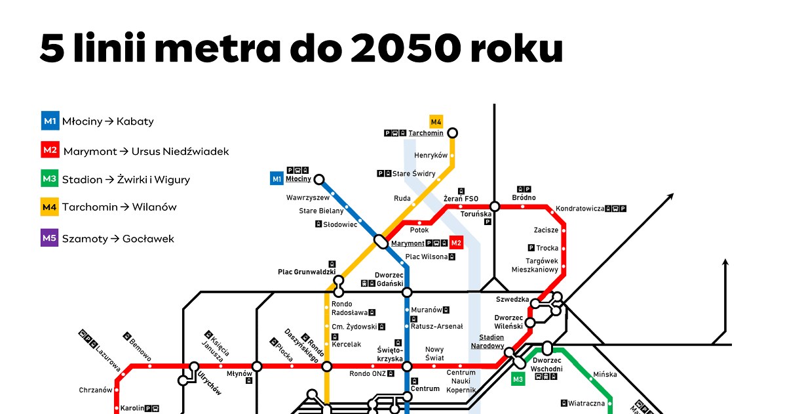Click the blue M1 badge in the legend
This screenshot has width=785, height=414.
pyautogui.click(x=50, y=121)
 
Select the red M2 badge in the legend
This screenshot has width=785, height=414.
pyautogui.click(x=50, y=150)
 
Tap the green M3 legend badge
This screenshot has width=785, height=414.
pyautogui.click(x=50, y=179)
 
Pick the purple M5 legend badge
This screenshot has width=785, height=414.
pyautogui.click(x=50, y=238)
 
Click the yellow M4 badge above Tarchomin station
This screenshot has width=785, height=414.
pyautogui.click(x=436, y=121)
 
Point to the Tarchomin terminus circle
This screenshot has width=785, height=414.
pyautogui.click(x=452, y=133)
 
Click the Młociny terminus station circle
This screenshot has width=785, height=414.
pyautogui.click(x=319, y=179)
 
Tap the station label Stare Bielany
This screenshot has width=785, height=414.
pyautogui.click(x=321, y=211)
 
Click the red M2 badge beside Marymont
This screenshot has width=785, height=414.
pyautogui.click(x=457, y=243)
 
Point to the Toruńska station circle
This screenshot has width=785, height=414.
pyautogui.click(x=495, y=207)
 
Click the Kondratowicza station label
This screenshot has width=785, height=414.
pyautogui.click(x=579, y=209)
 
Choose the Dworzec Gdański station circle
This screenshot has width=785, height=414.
pyautogui.click(x=407, y=292)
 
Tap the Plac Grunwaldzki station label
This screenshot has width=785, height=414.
pyautogui.click(x=307, y=271)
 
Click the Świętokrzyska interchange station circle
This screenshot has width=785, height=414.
pyautogui.click(x=407, y=366)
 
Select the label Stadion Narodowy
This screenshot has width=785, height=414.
pyautogui.click(x=488, y=341)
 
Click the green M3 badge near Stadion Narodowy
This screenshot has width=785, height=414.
pyautogui.click(x=518, y=379)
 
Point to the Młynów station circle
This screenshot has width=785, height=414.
pyautogui.click(x=257, y=366)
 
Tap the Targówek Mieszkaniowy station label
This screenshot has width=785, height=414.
pyautogui.click(x=535, y=265)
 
